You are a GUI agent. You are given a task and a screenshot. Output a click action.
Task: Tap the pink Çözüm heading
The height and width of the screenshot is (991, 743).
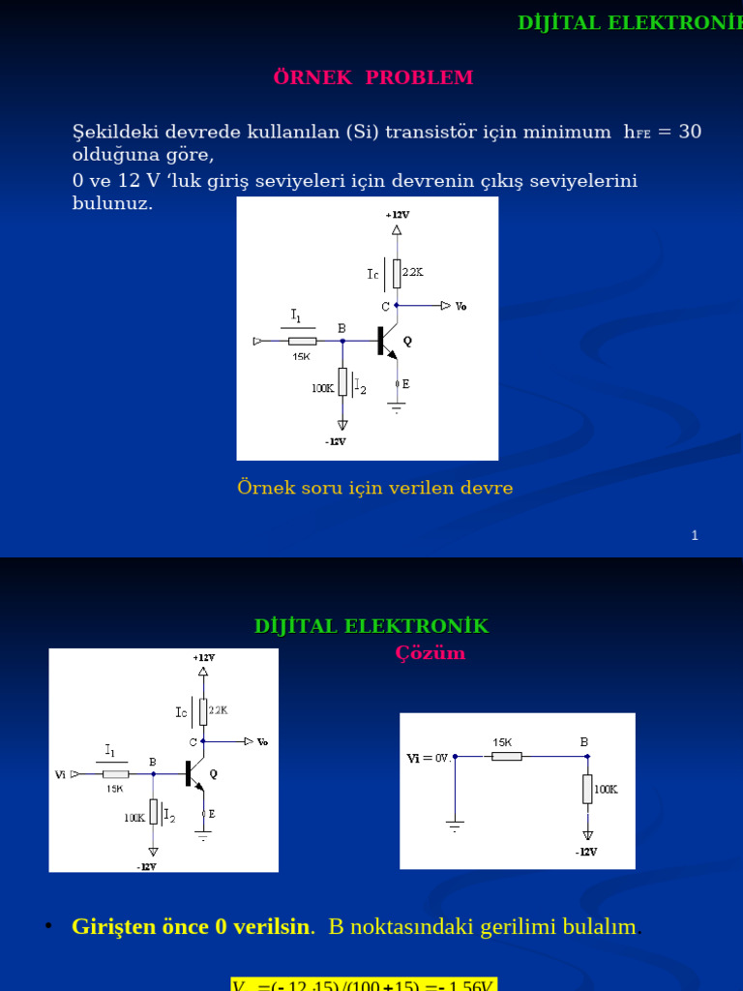(x=430, y=653)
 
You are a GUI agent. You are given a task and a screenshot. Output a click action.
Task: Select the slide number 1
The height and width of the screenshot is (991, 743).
(x=695, y=536)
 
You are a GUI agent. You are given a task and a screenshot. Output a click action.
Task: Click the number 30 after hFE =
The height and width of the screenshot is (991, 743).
(x=690, y=132)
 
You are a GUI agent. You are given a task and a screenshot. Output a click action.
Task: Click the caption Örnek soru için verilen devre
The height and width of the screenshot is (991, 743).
(x=374, y=488)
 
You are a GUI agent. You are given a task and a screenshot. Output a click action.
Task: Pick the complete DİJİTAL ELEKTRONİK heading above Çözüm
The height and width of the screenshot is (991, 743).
(x=371, y=626)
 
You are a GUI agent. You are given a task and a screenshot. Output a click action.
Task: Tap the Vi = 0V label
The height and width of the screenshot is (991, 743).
(x=429, y=759)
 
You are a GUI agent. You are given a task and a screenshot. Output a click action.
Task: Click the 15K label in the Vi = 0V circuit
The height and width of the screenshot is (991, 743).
(x=502, y=742)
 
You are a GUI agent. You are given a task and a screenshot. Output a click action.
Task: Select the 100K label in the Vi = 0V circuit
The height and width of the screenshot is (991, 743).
(x=606, y=789)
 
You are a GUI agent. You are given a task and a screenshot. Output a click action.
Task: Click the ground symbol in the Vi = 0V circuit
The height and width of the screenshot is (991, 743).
(x=455, y=826)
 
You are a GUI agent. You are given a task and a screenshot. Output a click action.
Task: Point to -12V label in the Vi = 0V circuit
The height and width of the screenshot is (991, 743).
(x=586, y=852)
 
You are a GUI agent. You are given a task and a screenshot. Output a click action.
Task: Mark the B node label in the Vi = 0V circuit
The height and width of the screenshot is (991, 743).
(x=584, y=742)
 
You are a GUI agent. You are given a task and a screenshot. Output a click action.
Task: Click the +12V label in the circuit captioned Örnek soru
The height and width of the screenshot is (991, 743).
(x=397, y=214)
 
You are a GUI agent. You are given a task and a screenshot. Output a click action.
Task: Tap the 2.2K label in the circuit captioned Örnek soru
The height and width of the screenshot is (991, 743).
(x=413, y=273)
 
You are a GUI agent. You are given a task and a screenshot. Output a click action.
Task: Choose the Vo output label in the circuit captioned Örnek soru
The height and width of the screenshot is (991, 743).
(x=461, y=307)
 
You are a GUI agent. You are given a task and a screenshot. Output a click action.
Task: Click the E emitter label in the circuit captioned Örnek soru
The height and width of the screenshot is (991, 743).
(x=405, y=384)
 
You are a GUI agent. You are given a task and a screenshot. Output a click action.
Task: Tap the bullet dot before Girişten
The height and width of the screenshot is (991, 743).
(x=47, y=927)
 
